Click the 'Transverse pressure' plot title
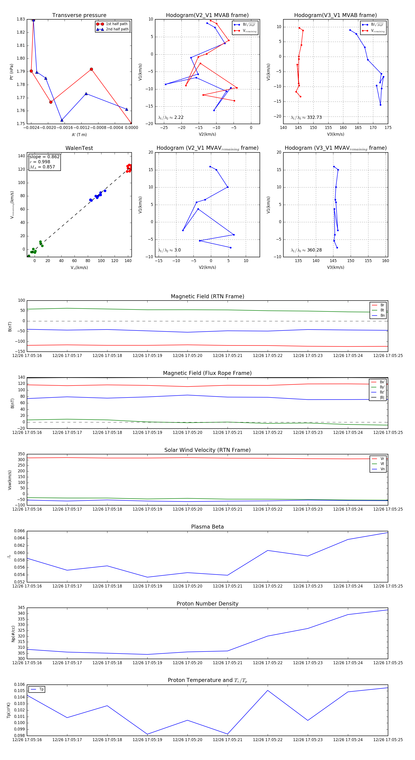click(x=79, y=15)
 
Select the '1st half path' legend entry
click(x=116, y=24)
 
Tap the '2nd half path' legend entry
click(x=117, y=29)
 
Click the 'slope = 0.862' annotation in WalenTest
click(x=44, y=157)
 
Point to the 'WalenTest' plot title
click(x=79, y=148)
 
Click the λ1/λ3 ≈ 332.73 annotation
click(x=306, y=117)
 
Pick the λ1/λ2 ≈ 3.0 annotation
click(x=169, y=250)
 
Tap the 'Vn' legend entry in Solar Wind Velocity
click(x=382, y=469)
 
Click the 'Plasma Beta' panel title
click(x=207, y=527)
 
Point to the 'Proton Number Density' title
click(x=207, y=604)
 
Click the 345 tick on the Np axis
click(x=21, y=608)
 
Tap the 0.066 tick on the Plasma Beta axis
click(x=20, y=531)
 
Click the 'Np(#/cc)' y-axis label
click(x=13, y=634)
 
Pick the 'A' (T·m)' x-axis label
click(x=79, y=135)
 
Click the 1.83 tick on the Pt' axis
click(x=21, y=19)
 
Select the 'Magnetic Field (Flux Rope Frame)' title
click(x=207, y=373)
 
